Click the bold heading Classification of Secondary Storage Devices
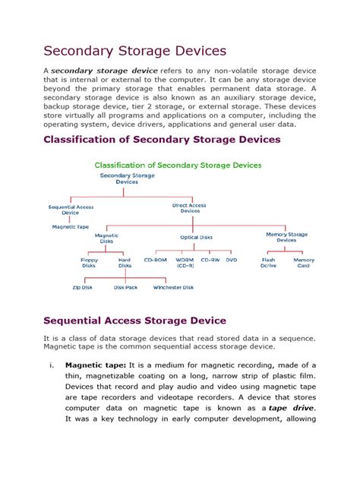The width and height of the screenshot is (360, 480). pos(162,140)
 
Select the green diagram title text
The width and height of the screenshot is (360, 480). pos(178,165)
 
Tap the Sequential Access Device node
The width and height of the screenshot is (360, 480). pos(70,210)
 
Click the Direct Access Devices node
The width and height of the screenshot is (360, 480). pos(189,208)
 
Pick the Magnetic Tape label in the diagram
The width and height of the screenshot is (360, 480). pos(70,226)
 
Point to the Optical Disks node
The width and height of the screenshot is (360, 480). pos(195,237)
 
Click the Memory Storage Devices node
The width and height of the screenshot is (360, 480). pos(286,237)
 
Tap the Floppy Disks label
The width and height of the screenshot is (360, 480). pos(90,263)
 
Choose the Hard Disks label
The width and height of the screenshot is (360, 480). pos(125,263)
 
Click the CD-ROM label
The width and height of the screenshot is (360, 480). pos(156,260)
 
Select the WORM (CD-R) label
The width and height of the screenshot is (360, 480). pos(185,263)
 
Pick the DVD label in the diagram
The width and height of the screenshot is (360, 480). pos(232,260)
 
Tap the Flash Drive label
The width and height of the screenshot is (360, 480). pos(268,263)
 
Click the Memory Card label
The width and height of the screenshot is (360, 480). pos(304,263)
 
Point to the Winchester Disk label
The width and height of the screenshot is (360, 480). pos(173,288)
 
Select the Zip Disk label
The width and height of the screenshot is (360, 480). pos(82,288)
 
